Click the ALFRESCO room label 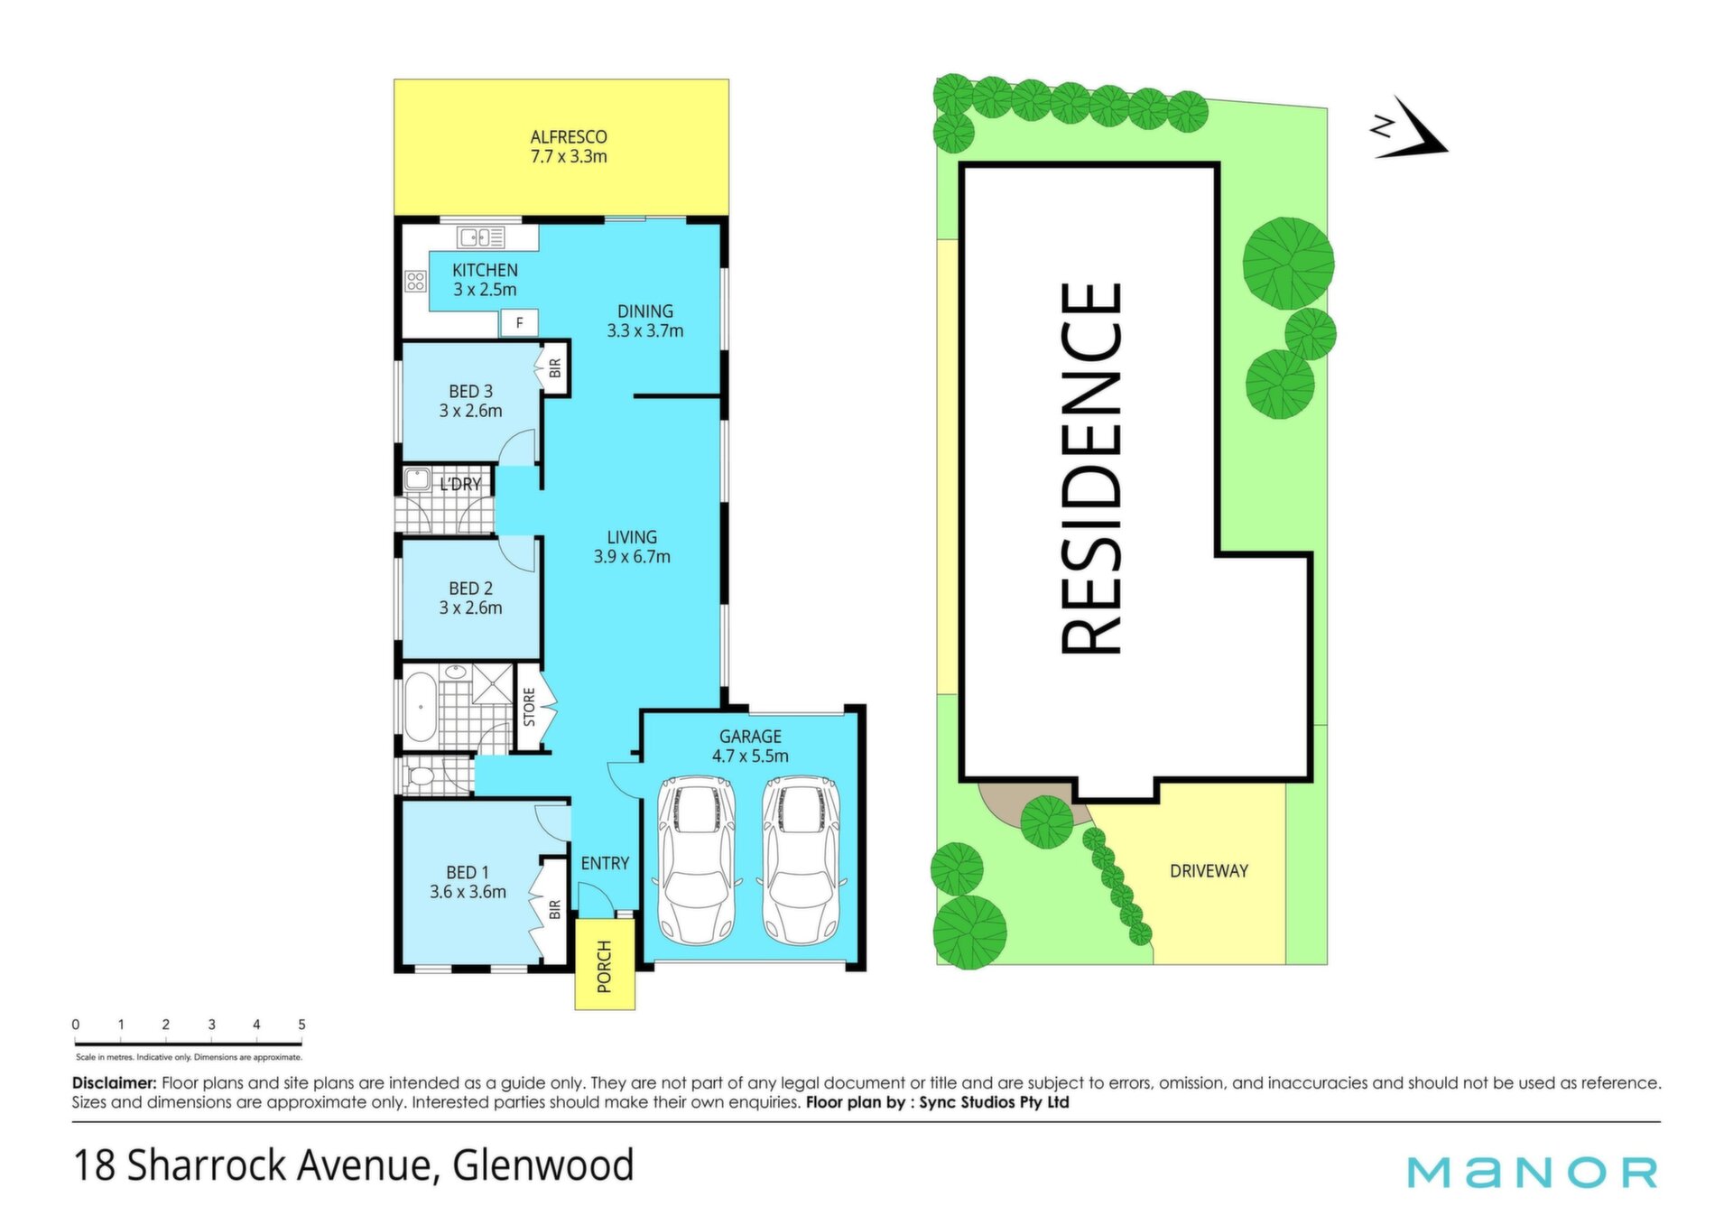pyautogui.click(x=569, y=137)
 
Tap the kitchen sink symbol pyautogui.click(x=481, y=237)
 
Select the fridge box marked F pyautogui.click(x=519, y=322)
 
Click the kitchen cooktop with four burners pyautogui.click(x=415, y=281)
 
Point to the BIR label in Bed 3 pyautogui.click(x=555, y=368)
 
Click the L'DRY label pyautogui.click(x=460, y=485)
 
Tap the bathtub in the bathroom pyautogui.click(x=420, y=707)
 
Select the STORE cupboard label pyautogui.click(x=530, y=707)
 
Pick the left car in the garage pyautogui.click(x=696, y=860)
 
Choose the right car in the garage pyautogui.click(x=801, y=860)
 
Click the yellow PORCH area pyautogui.click(x=605, y=963)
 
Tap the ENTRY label pyautogui.click(x=605, y=864)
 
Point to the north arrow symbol pyautogui.click(x=1410, y=128)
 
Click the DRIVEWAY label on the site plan pyautogui.click(x=1209, y=871)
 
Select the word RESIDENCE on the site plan pyautogui.click(x=1092, y=469)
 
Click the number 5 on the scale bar pyautogui.click(x=301, y=1025)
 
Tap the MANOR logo pyautogui.click(x=1533, y=1172)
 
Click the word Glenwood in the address pyautogui.click(x=543, y=1165)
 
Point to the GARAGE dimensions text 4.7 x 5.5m pyautogui.click(x=750, y=756)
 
